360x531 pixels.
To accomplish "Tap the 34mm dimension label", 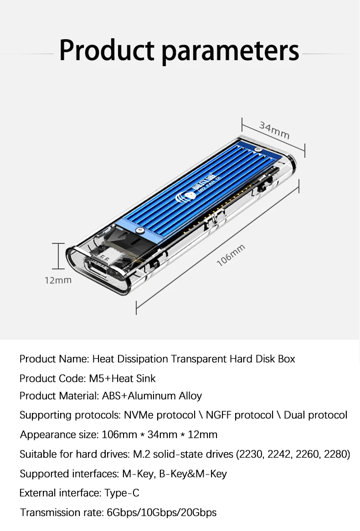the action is point(275,130).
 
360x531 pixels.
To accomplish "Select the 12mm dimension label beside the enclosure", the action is point(58,280).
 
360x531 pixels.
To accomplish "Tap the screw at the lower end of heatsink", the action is point(139,230).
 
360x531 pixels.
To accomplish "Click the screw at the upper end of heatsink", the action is point(258,150).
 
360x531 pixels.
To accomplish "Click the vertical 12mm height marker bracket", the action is point(58,256).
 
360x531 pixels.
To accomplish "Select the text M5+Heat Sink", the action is point(122,378).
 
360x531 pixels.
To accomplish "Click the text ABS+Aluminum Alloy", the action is point(152,396).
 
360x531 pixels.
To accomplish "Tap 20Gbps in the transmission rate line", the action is point(199,512).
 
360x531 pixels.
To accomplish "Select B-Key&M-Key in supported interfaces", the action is point(193,474).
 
